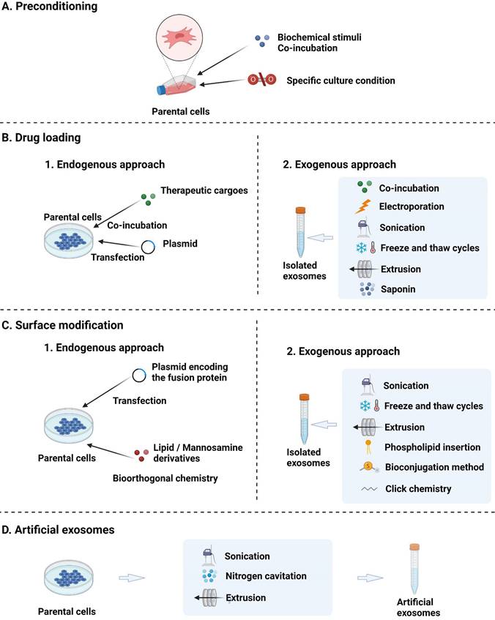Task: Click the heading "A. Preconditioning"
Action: pyautogui.click(x=45, y=8)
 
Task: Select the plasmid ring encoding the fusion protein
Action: pyautogui.click(x=138, y=375)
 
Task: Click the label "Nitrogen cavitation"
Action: pyautogui.click(x=265, y=576)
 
